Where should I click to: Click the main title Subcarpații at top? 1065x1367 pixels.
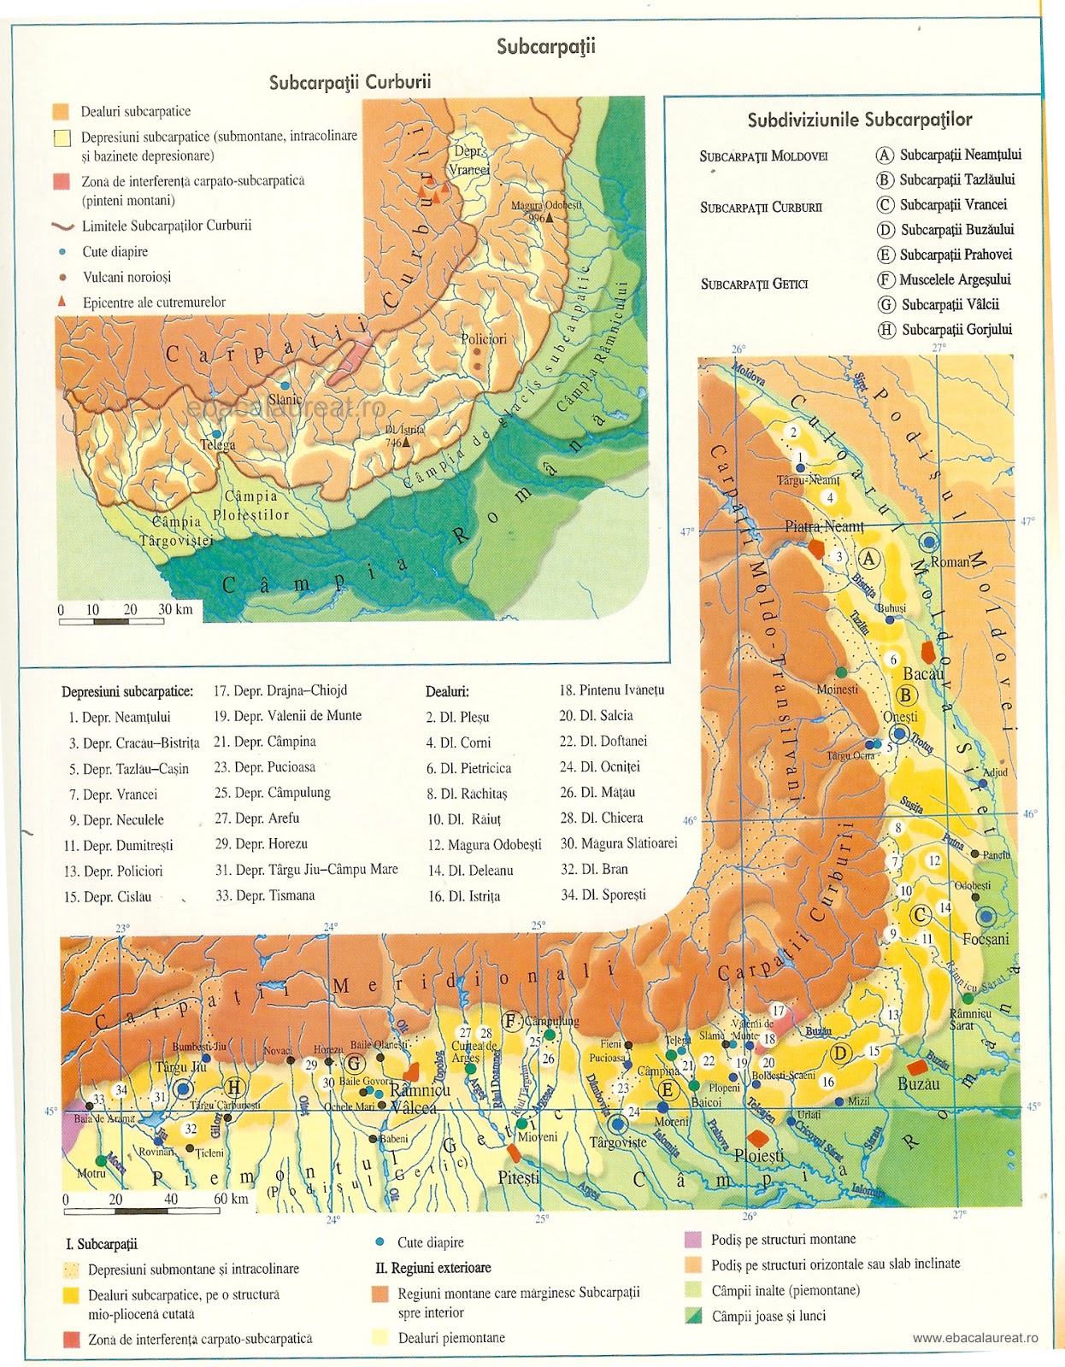[546, 46]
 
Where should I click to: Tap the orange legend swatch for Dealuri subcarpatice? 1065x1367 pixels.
[61, 112]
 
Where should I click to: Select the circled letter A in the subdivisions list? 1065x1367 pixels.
[885, 155]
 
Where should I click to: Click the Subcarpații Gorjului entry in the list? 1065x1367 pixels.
[956, 330]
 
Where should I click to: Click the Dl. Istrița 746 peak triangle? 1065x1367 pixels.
[406, 443]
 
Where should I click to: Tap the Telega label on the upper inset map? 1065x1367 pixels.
[217, 445]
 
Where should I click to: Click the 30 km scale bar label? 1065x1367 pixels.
[175, 609]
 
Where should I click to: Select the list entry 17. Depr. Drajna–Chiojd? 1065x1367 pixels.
[280, 690]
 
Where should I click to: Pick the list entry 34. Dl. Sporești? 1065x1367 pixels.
[603, 895]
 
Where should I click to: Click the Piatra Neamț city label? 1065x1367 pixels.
[824, 526]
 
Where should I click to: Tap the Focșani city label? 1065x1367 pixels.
[986, 939]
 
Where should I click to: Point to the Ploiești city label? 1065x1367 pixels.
[759, 1155]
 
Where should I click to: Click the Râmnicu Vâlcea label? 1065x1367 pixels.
[419, 1099]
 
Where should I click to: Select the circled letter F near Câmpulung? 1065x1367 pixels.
[512, 1021]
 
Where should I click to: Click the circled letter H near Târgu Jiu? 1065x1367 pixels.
[234, 1088]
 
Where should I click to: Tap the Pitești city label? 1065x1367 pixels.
[519, 1177]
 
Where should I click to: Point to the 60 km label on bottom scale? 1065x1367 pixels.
[231, 1199]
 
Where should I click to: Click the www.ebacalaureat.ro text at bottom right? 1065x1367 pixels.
[975, 1338]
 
